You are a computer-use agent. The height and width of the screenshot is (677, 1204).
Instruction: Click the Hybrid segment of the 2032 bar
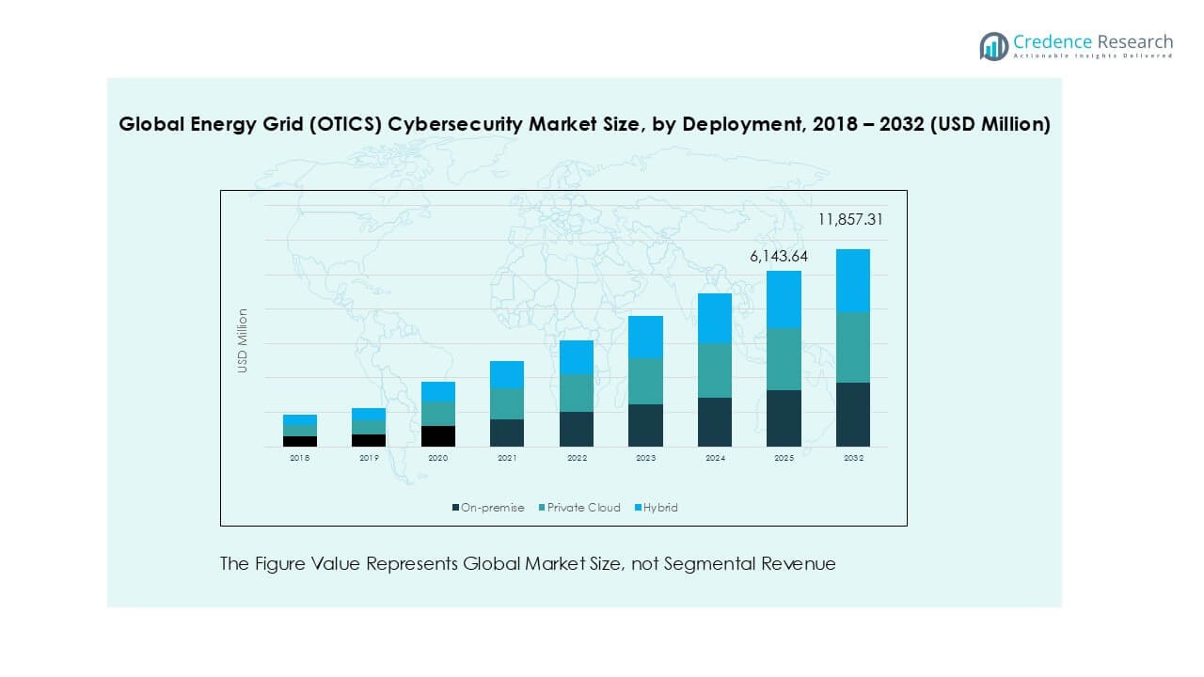pos(852,280)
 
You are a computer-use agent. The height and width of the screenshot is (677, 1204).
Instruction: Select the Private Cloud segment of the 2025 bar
pos(784,359)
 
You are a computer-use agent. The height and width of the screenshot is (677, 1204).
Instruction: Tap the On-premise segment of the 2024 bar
pos(715,421)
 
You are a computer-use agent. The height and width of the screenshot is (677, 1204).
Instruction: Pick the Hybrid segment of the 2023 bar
pos(645,337)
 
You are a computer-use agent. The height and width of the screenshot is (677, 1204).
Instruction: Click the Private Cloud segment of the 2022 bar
pos(577,393)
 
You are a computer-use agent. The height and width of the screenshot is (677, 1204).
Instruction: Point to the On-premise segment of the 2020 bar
pos(438,435)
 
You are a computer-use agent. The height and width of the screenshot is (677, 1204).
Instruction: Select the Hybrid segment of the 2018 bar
pos(300,419)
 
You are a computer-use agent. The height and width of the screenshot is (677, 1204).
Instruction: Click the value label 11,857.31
pos(850,220)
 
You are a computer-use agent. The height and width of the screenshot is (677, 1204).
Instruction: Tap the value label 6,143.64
pos(779,256)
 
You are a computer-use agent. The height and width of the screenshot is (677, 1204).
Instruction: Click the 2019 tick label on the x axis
pos(369,458)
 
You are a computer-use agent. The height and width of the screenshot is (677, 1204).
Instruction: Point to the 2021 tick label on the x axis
pos(507,458)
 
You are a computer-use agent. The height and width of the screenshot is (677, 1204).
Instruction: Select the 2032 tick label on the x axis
pos(852,458)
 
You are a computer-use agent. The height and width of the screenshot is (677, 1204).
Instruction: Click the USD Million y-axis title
pos(243,341)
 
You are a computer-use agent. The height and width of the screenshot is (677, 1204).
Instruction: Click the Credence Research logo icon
pos(993,46)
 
